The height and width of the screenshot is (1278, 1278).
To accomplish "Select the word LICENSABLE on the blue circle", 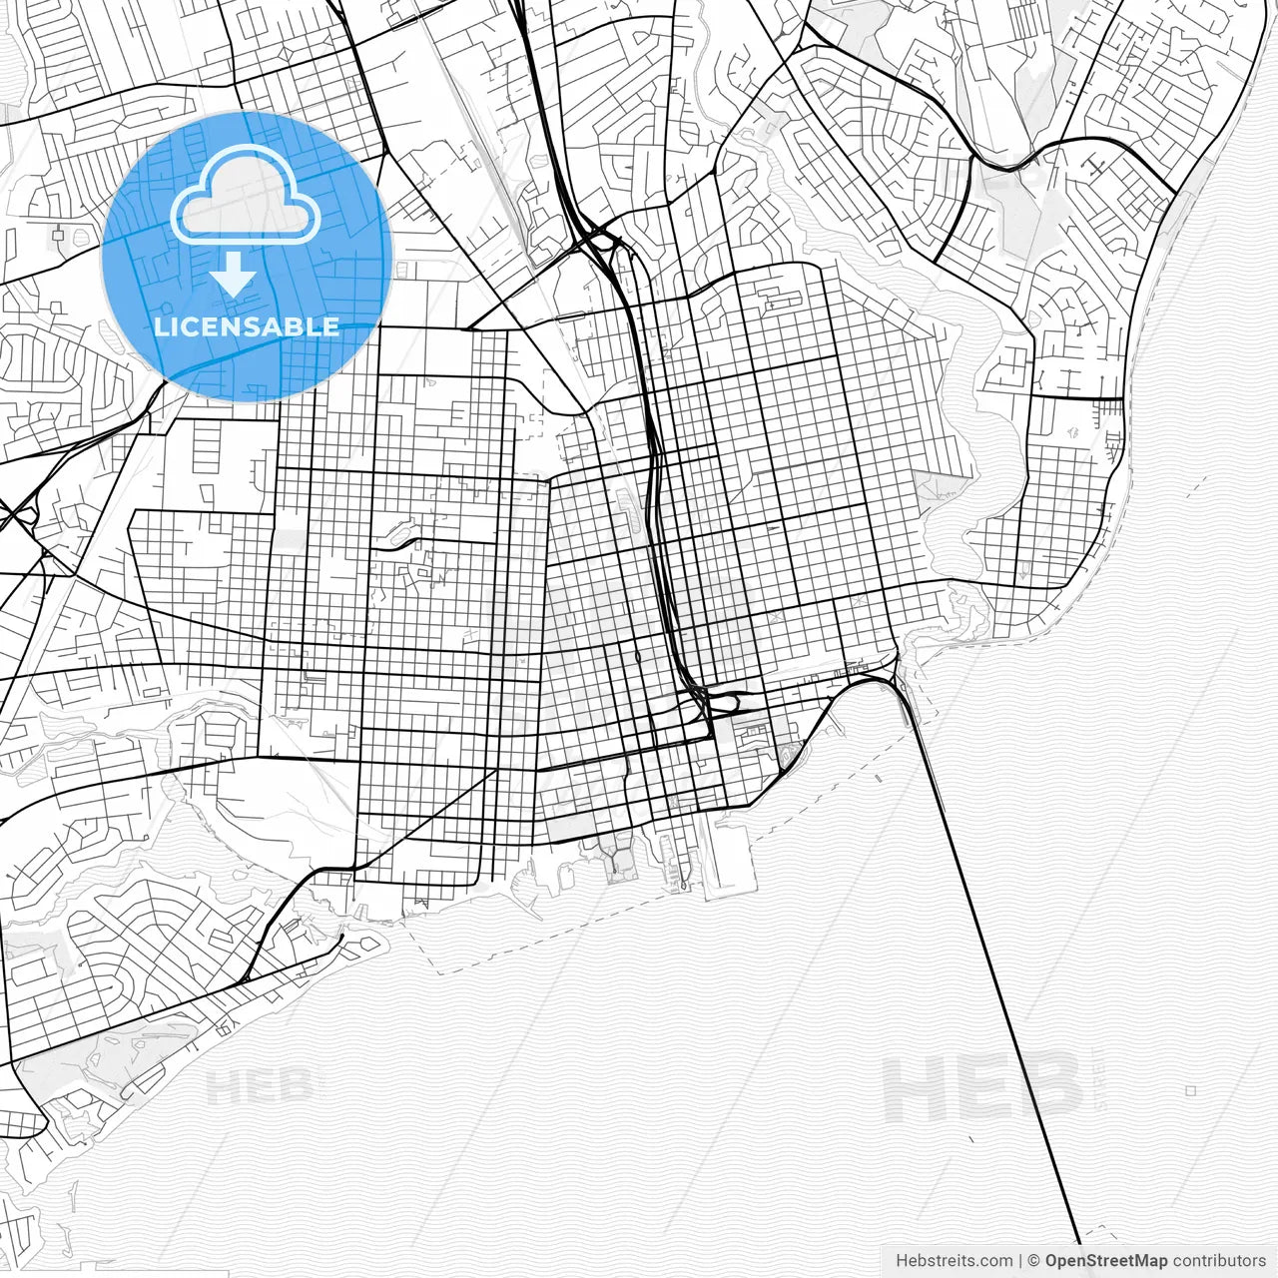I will [x=247, y=326].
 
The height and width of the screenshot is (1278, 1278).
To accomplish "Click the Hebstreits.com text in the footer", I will [x=954, y=1261].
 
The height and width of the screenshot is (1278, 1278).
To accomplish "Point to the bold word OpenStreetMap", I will [x=1106, y=1261].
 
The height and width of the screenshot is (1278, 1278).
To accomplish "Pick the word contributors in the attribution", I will [x=1219, y=1261].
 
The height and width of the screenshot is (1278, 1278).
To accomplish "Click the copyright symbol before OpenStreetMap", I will [x=1034, y=1261].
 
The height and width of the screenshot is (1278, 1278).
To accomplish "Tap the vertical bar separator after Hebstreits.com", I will [x=1019, y=1261].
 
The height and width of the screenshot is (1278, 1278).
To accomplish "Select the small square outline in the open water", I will [x=1190, y=1091].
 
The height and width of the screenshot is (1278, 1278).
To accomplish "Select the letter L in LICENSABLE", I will [x=160, y=326].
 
